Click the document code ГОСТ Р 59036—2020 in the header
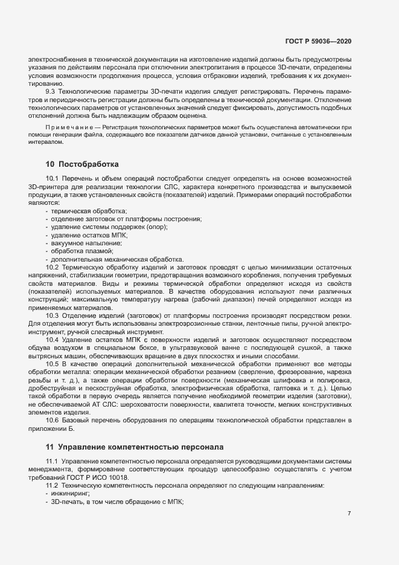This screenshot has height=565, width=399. [x=318, y=41]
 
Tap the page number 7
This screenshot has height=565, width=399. [x=349, y=513]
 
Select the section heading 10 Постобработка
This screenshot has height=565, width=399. [x=81, y=164]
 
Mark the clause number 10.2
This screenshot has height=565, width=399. [x=52, y=266]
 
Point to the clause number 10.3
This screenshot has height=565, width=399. [x=52, y=315]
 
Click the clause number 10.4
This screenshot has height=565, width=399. [x=52, y=339]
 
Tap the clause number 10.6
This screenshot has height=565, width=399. [x=52, y=419]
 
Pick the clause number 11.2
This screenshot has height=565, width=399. [x=52, y=485]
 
